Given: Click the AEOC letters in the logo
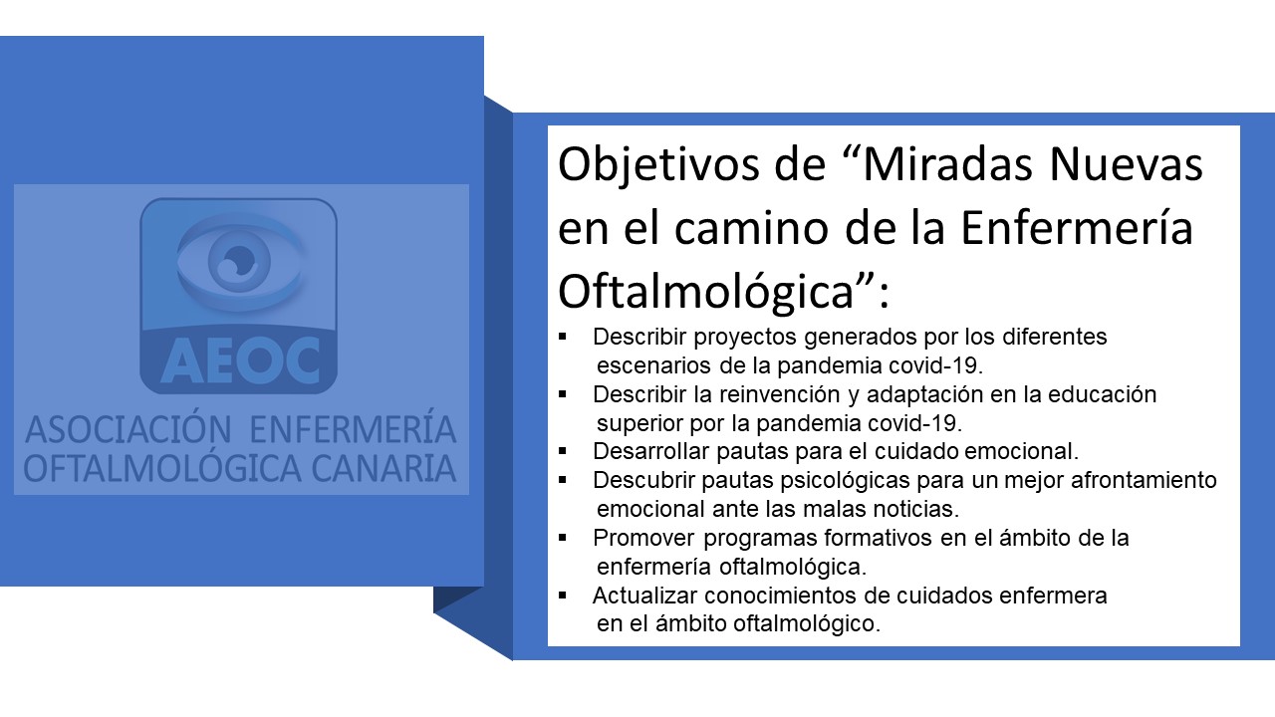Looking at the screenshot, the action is click(240, 360).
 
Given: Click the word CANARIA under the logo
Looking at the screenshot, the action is click(384, 469).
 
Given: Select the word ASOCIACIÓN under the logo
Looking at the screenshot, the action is click(128, 429).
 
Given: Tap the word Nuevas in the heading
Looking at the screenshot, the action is click(1126, 165).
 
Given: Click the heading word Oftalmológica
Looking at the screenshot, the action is click(706, 292).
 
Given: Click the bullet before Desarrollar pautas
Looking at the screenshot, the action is click(563, 451).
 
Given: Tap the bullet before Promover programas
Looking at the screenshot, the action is click(563, 537).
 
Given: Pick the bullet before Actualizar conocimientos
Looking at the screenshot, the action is click(563, 596).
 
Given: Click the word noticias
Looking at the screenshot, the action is click(915, 509).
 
